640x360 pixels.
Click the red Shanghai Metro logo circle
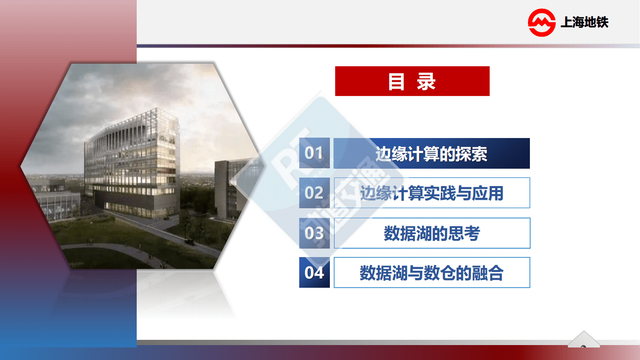(542, 23)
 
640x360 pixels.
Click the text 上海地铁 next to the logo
(584, 22)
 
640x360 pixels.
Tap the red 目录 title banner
(412, 81)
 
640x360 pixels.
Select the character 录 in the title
(426, 82)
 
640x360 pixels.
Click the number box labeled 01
(314, 153)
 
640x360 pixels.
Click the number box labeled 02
(314, 193)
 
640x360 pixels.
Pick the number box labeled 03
(314, 233)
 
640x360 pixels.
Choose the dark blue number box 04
(314, 273)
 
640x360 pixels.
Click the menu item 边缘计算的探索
(432, 154)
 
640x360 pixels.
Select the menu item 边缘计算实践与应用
(432, 193)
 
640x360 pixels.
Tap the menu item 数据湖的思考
(432, 233)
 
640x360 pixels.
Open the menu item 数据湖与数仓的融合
(432, 273)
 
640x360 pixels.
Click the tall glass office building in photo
(131, 161)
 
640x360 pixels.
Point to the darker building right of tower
(226, 190)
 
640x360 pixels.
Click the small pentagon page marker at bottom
(584, 340)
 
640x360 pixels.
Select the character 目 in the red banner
(396, 82)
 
